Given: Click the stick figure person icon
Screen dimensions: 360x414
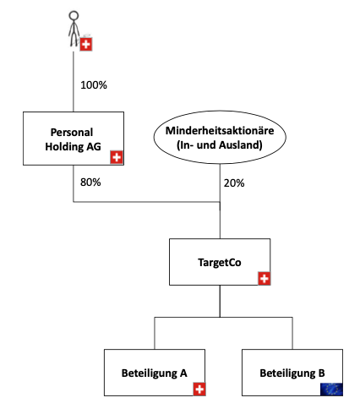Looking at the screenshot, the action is (x=74, y=29).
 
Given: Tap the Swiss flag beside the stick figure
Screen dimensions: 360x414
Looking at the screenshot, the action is (x=86, y=45).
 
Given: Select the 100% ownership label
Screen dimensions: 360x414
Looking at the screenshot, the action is (x=94, y=85).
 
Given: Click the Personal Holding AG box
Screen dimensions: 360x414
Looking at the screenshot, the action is (x=74, y=139).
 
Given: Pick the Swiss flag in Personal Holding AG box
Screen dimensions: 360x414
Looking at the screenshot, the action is (x=117, y=157).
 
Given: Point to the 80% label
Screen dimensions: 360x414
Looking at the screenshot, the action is (x=90, y=182).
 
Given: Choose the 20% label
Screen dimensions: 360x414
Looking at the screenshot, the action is (x=234, y=183).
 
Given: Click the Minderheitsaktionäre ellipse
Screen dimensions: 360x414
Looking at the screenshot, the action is (x=220, y=137).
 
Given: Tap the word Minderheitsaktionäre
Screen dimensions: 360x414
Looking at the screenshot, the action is (x=220, y=131).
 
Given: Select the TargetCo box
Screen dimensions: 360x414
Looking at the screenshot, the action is (x=220, y=262).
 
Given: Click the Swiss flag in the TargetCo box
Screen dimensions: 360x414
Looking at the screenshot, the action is (x=265, y=279).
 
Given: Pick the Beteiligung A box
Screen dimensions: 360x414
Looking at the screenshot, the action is (x=155, y=373).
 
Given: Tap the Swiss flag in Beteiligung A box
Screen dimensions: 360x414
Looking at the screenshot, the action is (x=199, y=389).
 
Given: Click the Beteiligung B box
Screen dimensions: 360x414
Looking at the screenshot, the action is (x=292, y=373).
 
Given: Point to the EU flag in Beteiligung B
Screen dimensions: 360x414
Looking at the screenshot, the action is (x=331, y=389).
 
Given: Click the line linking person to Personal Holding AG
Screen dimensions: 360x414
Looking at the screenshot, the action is (x=74, y=82).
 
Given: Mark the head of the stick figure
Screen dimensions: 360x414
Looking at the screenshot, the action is (x=74, y=15).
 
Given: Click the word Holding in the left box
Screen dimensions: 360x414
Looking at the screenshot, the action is (x=64, y=147).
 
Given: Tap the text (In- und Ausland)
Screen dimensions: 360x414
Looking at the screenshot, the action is (x=220, y=145).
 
